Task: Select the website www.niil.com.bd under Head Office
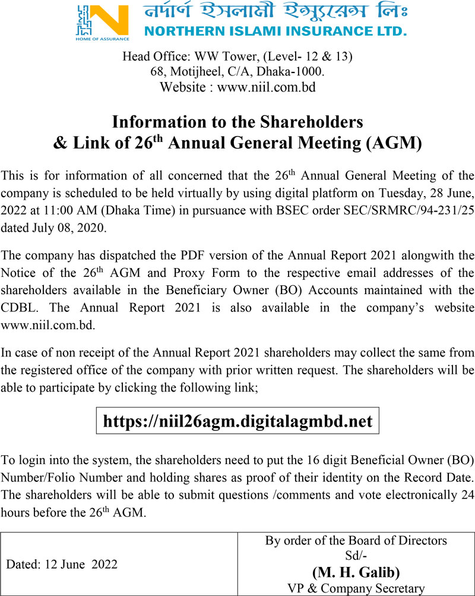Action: (266, 87)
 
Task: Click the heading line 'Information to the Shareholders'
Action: (237, 122)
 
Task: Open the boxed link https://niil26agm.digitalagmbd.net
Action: (237, 421)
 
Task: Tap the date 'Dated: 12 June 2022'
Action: (62, 565)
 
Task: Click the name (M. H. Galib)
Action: (356, 572)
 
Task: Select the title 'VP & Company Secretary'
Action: (356, 588)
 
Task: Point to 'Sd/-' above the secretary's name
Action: (356, 557)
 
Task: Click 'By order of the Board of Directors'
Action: (356, 541)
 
